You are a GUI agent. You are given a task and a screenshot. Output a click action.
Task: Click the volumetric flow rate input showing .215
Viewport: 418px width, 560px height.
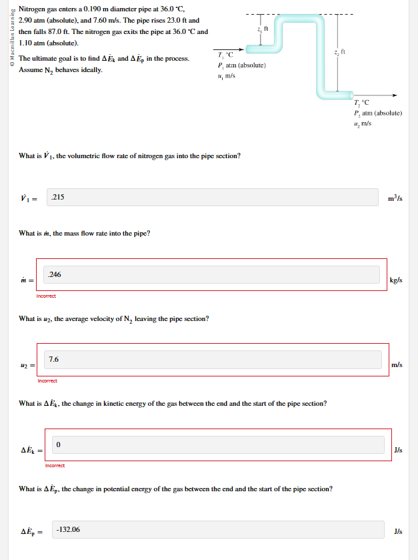click(x=217, y=197)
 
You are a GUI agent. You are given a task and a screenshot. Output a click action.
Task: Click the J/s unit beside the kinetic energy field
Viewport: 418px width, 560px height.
click(x=398, y=450)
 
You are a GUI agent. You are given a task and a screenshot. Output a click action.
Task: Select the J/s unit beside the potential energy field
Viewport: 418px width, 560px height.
click(x=398, y=531)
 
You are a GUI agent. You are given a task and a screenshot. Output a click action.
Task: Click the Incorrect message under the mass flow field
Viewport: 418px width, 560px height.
click(x=46, y=296)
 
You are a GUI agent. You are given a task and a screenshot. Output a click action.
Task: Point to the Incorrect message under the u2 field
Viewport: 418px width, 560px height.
click(x=47, y=380)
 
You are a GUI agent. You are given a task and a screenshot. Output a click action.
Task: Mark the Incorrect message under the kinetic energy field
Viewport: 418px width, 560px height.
click(x=55, y=465)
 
